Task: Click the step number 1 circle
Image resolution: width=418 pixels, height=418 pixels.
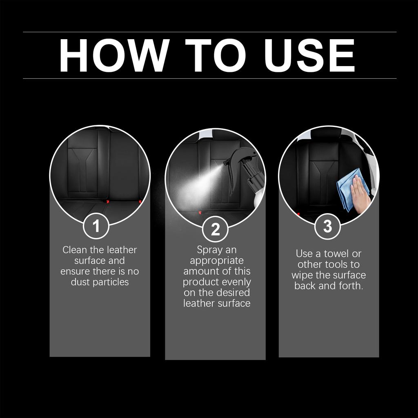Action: pyautogui.click(x=96, y=226)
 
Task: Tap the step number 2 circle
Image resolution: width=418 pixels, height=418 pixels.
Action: pyautogui.click(x=215, y=229)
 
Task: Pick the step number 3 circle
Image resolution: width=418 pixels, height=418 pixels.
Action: pyautogui.click(x=327, y=227)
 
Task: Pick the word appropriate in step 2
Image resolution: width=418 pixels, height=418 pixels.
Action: pyautogui.click(x=216, y=260)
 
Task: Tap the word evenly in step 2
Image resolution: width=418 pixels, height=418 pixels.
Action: pyautogui.click(x=237, y=282)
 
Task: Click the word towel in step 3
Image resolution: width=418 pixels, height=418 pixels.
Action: pyautogui.click(x=337, y=253)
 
